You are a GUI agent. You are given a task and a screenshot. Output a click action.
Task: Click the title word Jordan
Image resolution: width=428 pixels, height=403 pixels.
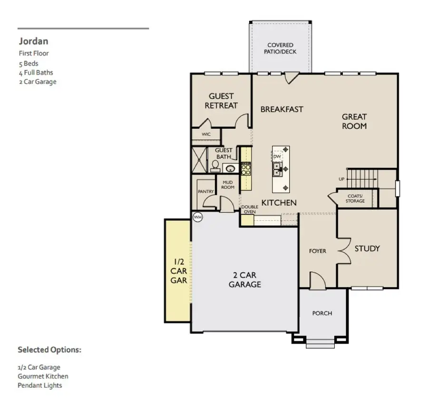point(33,41)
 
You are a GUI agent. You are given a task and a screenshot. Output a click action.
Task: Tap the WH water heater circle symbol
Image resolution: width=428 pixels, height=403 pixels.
point(197,217)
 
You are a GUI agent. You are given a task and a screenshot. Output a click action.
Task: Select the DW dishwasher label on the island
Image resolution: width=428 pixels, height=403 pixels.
point(277,156)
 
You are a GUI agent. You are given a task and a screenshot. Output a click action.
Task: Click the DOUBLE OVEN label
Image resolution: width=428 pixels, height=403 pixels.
point(250,210)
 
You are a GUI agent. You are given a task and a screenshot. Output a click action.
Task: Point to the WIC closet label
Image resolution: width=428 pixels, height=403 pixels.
point(206,134)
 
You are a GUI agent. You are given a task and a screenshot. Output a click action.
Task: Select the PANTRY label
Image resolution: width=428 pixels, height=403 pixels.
point(206,192)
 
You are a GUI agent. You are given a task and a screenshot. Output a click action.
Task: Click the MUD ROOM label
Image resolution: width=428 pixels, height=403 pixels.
point(228,184)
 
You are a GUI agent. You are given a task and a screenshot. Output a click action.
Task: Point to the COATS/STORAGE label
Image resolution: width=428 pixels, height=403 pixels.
point(355,198)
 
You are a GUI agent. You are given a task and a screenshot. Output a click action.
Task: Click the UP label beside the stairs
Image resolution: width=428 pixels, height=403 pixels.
point(341,179)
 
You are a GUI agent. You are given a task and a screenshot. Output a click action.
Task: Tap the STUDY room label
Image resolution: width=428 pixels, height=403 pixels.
point(367,248)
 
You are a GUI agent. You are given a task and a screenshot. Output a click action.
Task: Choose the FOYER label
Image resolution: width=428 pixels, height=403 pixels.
point(317,250)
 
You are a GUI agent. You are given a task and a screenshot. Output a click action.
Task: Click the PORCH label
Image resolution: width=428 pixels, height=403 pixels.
point(322,313)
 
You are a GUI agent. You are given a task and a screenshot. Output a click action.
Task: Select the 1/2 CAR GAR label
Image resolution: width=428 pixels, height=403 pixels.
point(179,271)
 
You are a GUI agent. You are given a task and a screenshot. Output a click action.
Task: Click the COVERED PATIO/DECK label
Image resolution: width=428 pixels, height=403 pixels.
point(280,48)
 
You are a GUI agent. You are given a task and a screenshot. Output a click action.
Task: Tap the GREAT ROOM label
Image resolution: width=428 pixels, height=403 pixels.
point(354,121)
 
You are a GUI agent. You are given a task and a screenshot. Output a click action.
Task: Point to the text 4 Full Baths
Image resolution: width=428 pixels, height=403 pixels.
point(36,73)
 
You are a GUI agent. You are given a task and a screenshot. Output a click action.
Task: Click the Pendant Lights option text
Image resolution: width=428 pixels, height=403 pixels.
point(40,385)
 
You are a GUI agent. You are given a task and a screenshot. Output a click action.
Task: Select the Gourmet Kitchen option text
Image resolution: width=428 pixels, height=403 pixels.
point(43,376)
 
